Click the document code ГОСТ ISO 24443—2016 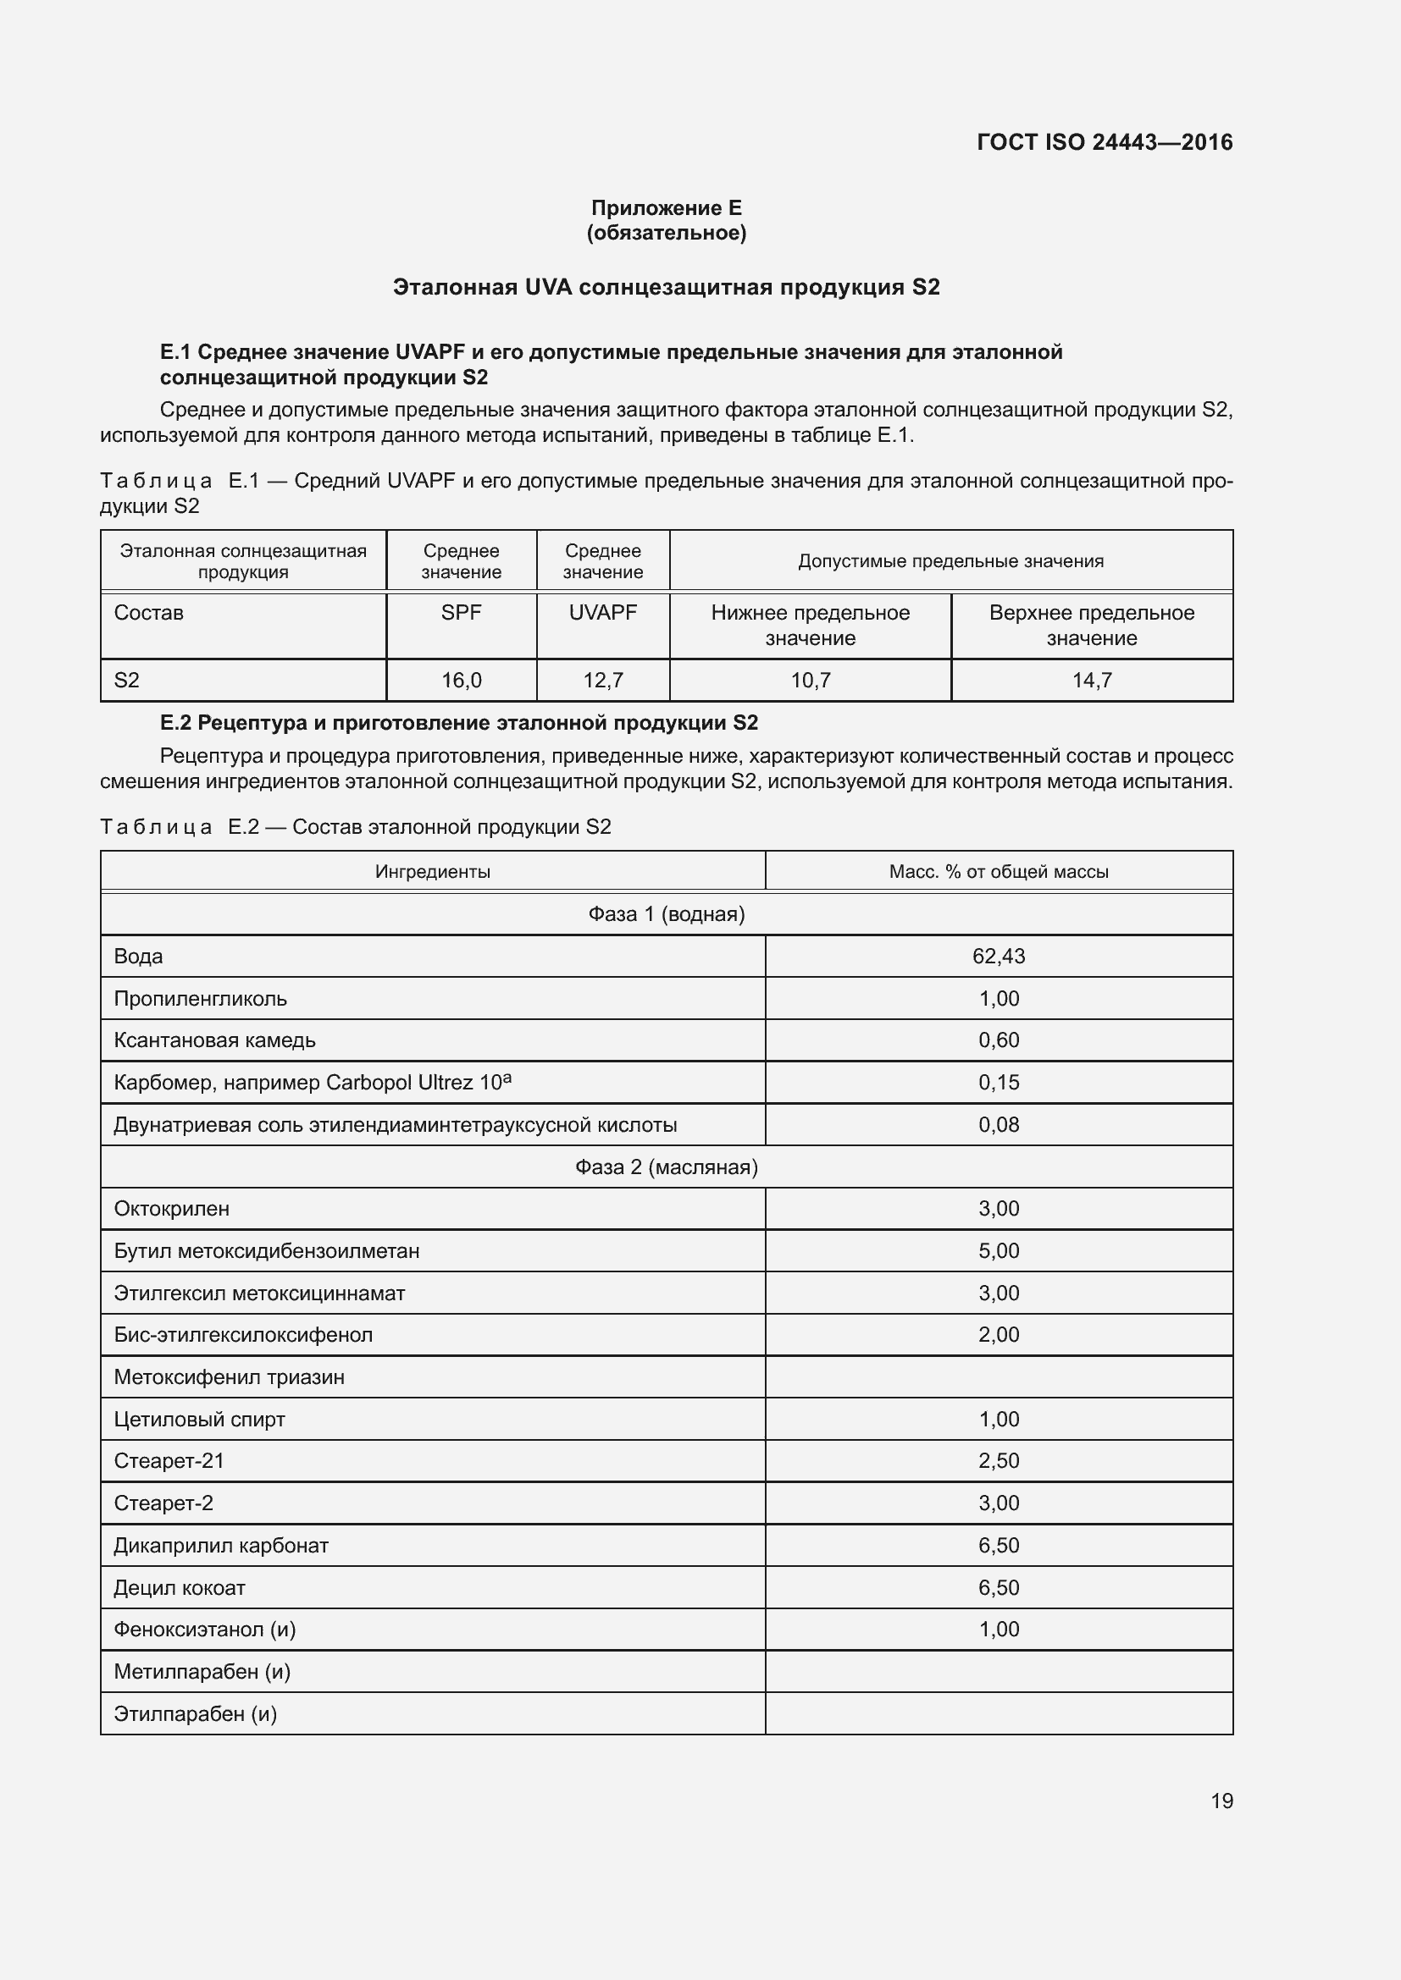(x=1105, y=142)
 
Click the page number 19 (x=1221, y=1801)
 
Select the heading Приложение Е (x=666, y=208)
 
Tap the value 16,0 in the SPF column (x=462, y=681)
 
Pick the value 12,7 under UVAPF (x=603, y=681)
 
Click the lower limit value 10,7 (x=810, y=681)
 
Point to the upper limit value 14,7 (x=1091, y=681)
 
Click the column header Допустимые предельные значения (x=950, y=561)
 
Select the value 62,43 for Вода (x=998, y=957)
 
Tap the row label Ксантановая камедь (x=215, y=1040)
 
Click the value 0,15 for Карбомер (x=998, y=1083)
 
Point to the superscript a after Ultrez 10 (x=507, y=1077)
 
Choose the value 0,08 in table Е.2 (x=998, y=1124)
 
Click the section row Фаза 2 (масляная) (x=666, y=1166)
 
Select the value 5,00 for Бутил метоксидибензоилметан (x=998, y=1250)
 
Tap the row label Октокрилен (x=172, y=1208)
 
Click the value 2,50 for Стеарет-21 (x=998, y=1461)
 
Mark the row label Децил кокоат (x=180, y=1587)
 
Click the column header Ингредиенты (x=432, y=872)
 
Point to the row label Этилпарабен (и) (x=195, y=1713)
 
